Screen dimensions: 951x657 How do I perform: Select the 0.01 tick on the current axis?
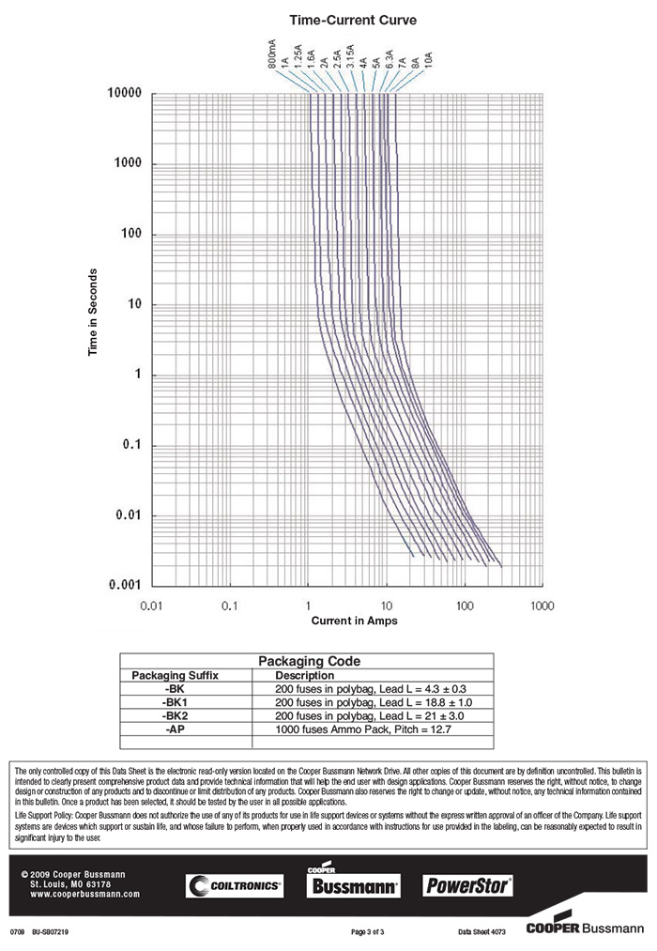point(152,606)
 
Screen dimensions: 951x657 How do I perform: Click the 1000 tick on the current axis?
point(542,606)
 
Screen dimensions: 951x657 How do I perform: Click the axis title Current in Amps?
point(354,621)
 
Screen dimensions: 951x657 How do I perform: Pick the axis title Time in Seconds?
point(93,314)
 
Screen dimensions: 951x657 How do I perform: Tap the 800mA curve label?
point(272,55)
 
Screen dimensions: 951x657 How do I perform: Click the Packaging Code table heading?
point(309,661)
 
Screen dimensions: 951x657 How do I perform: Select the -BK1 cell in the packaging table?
point(175,701)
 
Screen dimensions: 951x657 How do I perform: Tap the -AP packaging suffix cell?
point(175,729)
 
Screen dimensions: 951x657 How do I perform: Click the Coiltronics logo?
point(235,885)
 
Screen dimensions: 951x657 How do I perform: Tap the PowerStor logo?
point(469,884)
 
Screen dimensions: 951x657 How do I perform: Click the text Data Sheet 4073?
point(481,932)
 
